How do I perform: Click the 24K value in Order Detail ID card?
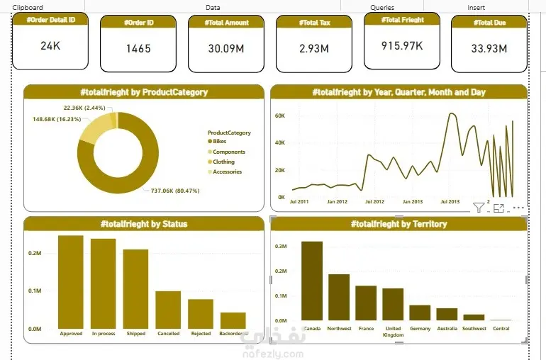50,46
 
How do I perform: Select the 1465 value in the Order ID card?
138,49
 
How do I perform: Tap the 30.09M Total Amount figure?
226,49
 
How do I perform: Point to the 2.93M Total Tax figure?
313,49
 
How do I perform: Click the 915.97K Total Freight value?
401,45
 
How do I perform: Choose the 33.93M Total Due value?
489,49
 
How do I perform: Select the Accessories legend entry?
227,171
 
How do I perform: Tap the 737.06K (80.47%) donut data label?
175,190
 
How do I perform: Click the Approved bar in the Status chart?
71,282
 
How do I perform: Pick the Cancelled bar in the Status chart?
168,310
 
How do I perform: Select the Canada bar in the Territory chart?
312,281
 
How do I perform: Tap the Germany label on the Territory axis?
420,329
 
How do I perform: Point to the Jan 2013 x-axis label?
412,202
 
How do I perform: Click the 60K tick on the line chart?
279,116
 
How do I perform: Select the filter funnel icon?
479,208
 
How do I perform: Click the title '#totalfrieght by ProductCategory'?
144,92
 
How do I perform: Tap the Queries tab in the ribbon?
382,7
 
